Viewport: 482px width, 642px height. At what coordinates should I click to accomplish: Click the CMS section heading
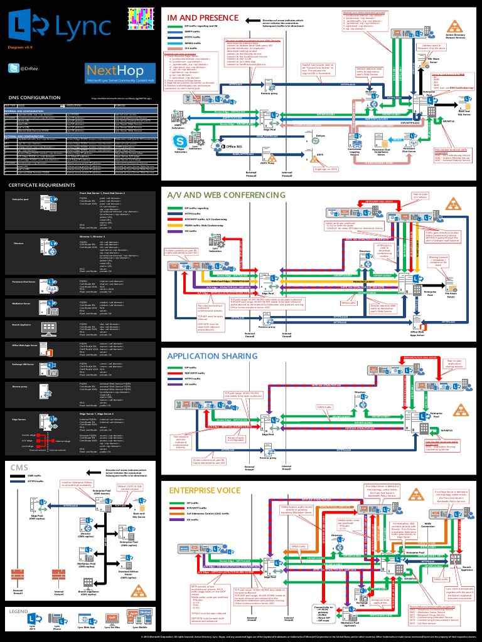pos(18,467)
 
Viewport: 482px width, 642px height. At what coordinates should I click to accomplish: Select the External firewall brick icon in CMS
pos(18,576)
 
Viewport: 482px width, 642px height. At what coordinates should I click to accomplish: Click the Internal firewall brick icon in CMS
pos(58,576)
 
